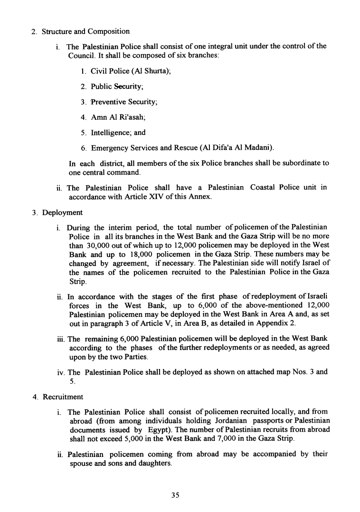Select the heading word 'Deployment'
[x=62, y=212]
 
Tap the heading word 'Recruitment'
[x=63, y=397]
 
